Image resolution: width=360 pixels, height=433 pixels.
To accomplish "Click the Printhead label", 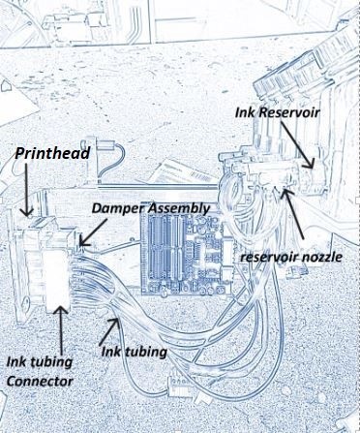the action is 52,153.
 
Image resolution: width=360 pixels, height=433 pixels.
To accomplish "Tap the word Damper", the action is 119,208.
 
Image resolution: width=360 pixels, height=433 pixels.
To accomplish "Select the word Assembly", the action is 179,209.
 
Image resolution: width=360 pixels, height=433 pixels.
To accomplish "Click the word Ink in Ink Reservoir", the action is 246,112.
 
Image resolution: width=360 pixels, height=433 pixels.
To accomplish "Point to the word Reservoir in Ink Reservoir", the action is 289,112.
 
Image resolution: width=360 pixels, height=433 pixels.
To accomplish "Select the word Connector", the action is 40,382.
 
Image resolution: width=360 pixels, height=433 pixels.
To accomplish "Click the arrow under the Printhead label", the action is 26,190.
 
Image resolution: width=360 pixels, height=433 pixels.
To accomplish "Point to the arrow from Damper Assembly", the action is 93,232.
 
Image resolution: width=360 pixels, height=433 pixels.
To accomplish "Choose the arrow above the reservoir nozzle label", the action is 293,214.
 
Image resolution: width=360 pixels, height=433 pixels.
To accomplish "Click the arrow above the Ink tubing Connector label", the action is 60,330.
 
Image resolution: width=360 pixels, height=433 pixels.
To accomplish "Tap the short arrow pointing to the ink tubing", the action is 108,331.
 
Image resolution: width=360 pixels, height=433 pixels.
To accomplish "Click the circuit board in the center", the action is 187,255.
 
